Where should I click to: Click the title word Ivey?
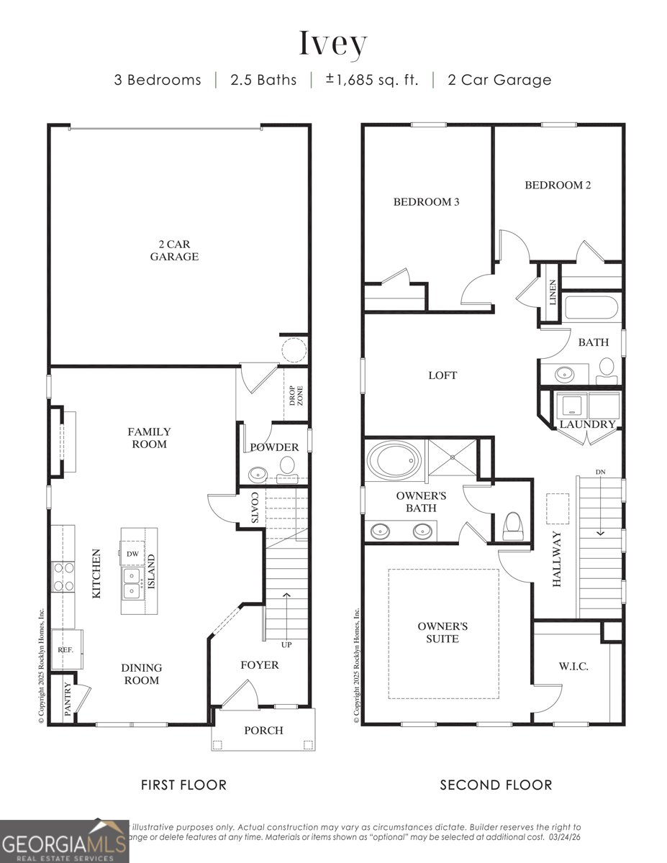click(333, 44)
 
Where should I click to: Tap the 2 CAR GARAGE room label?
click(174, 250)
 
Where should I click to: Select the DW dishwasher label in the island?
click(132, 554)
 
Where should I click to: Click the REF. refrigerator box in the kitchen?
click(66, 649)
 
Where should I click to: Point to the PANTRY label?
click(68, 700)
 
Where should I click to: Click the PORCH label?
click(263, 730)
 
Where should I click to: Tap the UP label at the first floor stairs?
click(286, 644)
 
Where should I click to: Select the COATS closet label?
click(254, 508)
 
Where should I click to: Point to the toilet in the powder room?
click(288, 466)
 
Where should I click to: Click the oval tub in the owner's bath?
click(394, 460)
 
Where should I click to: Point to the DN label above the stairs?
click(601, 472)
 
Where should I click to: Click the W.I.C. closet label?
click(573, 666)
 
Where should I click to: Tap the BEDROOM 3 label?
click(426, 202)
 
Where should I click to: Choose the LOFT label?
click(443, 375)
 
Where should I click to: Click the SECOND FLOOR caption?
click(496, 785)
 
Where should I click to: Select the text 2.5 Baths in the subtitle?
click(263, 80)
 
